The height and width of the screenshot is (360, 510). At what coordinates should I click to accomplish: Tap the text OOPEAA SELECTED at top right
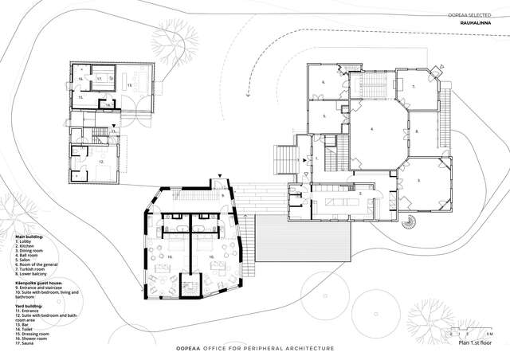(481, 14)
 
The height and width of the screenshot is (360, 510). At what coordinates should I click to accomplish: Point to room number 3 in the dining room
(418, 181)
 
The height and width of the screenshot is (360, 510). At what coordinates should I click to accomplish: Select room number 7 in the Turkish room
(414, 86)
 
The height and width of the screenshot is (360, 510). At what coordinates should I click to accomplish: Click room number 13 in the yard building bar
(129, 84)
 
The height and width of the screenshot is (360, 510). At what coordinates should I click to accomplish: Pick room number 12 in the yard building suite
(100, 161)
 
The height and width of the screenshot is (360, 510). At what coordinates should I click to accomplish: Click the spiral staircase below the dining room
(412, 223)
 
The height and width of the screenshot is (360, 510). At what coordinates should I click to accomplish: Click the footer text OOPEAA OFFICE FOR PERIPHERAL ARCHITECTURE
(254, 349)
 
